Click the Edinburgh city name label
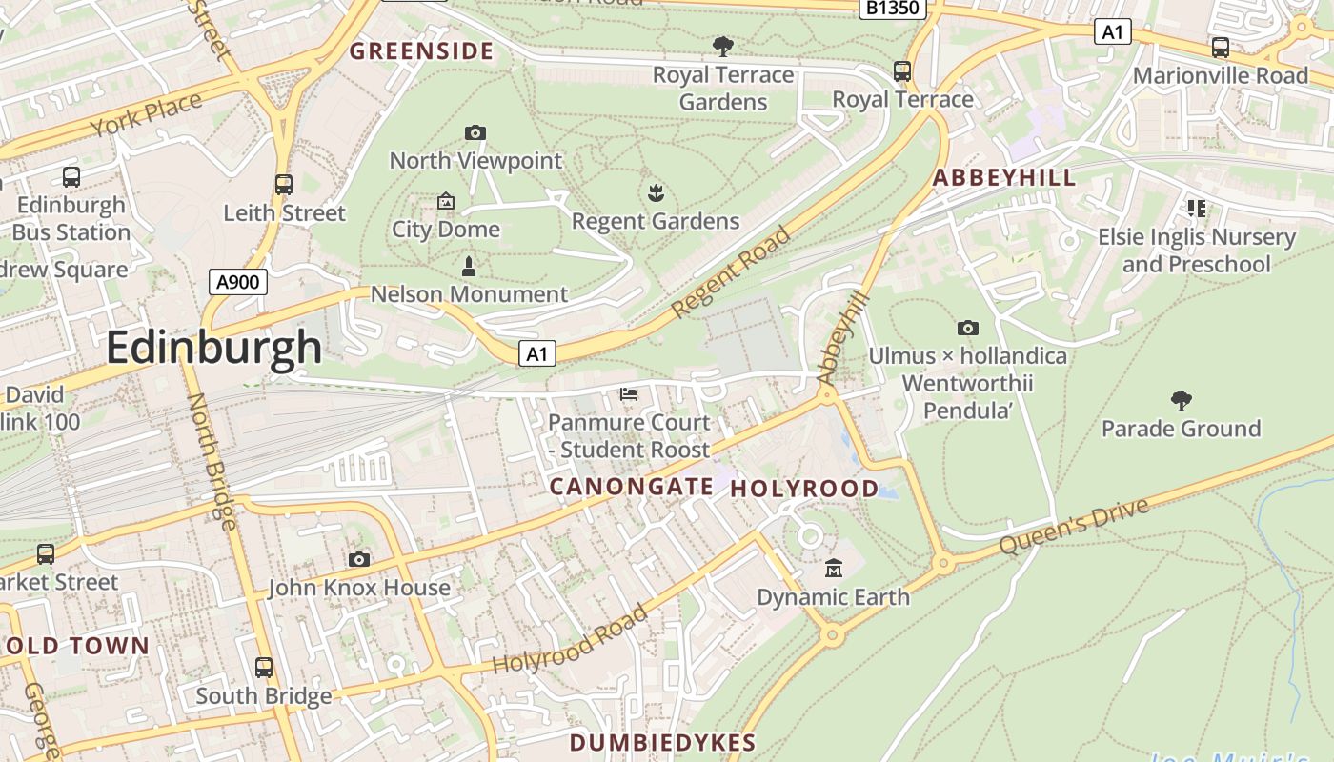coord(214,347)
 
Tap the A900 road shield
coord(237,281)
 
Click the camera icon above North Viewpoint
coord(475,132)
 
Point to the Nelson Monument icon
coord(468,265)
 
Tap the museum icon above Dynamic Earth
coord(834,569)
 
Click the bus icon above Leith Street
coord(284,184)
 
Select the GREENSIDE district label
coord(421,51)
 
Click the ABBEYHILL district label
coord(1003,177)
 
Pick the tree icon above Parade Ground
coord(1181,400)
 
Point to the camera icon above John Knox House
coord(359,559)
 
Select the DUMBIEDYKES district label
coord(662,743)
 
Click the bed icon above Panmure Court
coord(629,393)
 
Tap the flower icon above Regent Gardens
coord(655,194)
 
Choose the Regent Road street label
coord(731,272)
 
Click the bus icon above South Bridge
coord(264,667)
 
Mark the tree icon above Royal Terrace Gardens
coord(723,46)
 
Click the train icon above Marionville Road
coord(1220,48)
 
